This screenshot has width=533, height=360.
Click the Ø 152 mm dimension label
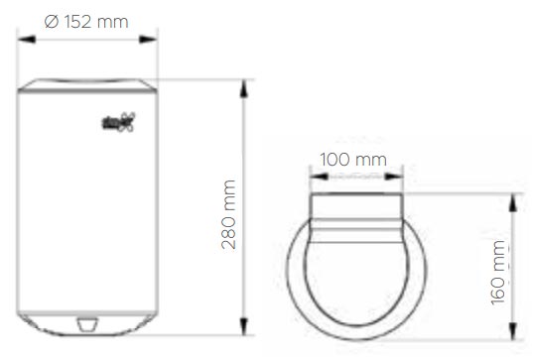[87, 22]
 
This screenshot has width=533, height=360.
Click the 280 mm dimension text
[228, 214]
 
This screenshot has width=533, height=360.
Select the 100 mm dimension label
[355, 159]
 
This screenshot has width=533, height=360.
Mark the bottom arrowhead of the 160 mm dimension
[513, 335]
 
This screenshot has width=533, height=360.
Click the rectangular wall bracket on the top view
[355, 208]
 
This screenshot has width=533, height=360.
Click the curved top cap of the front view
[87, 85]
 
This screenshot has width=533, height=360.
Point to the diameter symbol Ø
[52, 22]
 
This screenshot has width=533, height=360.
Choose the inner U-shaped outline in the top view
[355, 298]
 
